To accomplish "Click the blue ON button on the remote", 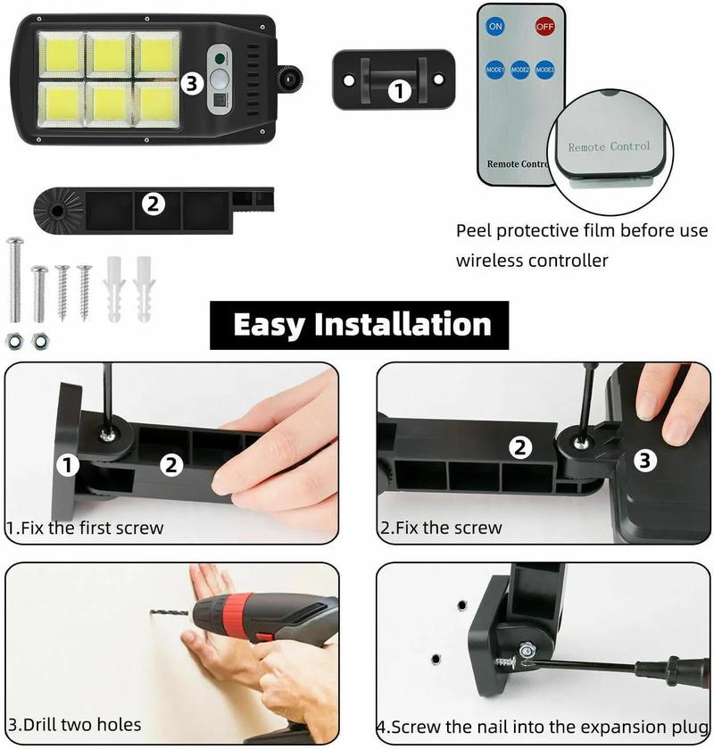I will (495, 26).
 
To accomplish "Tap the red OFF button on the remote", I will (544, 26).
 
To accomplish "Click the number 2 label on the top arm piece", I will (154, 204).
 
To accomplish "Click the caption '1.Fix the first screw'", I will (86, 528).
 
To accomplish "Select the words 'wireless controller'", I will (532, 261).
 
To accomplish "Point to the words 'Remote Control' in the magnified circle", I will (610, 146).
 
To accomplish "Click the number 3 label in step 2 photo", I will (646, 461).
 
